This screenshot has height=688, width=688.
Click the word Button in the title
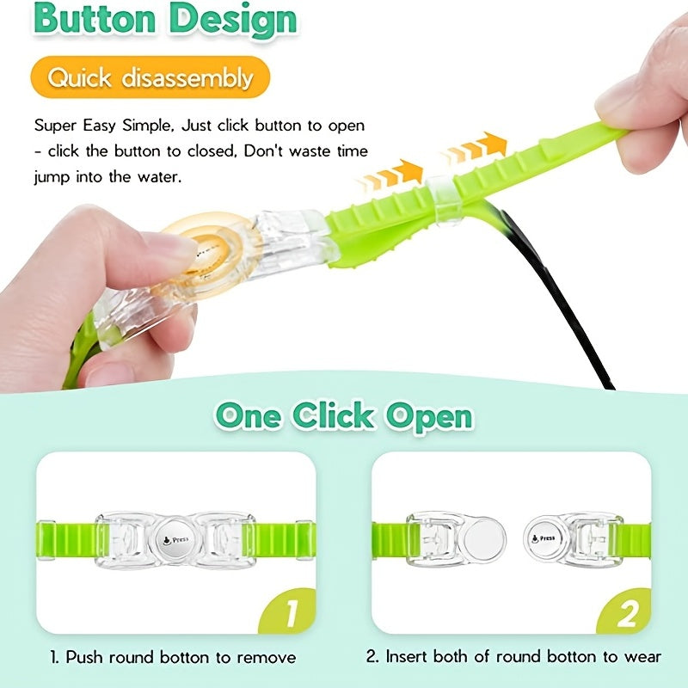[x=95, y=18]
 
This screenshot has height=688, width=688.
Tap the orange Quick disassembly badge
[x=150, y=77]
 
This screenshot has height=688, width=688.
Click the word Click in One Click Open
[x=334, y=415]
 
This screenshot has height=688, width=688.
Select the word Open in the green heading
[x=429, y=417]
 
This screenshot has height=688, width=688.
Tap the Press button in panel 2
[x=544, y=539]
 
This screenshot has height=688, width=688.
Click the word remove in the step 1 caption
[x=267, y=658]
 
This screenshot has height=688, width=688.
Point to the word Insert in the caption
[x=406, y=657]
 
